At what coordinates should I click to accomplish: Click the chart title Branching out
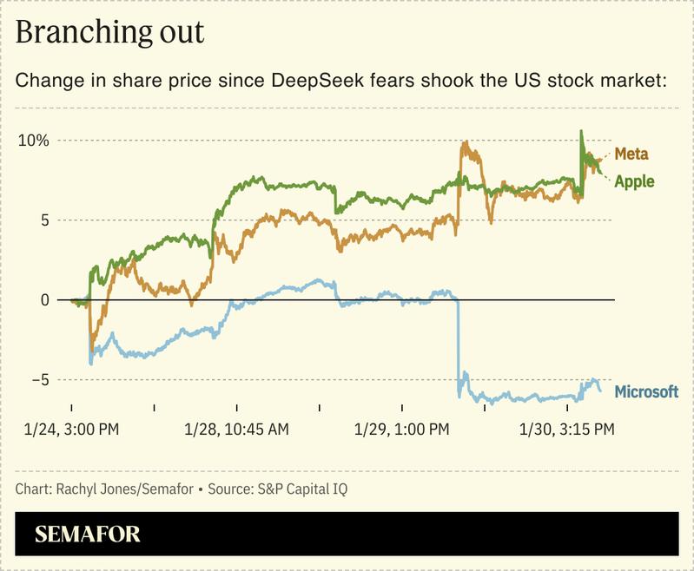(109, 32)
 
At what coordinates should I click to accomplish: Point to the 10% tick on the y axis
(34, 141)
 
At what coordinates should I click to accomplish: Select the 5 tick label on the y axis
(43, 220)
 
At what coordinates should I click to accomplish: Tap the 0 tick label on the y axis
(43, 300)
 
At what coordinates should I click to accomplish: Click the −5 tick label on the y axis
(39, 380)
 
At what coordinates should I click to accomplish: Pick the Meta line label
(631, 154)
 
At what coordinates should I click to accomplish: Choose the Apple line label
(634, 181)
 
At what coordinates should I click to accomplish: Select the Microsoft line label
(646, 391)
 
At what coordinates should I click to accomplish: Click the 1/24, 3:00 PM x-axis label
(72, 429)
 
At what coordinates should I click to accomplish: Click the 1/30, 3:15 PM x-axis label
(566, 429)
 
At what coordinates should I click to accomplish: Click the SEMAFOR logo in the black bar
(87, 534)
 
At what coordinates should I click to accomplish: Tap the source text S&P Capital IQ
(302, 489)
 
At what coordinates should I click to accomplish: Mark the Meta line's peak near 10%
(466, 143)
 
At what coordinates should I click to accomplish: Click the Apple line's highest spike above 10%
(581, 132)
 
